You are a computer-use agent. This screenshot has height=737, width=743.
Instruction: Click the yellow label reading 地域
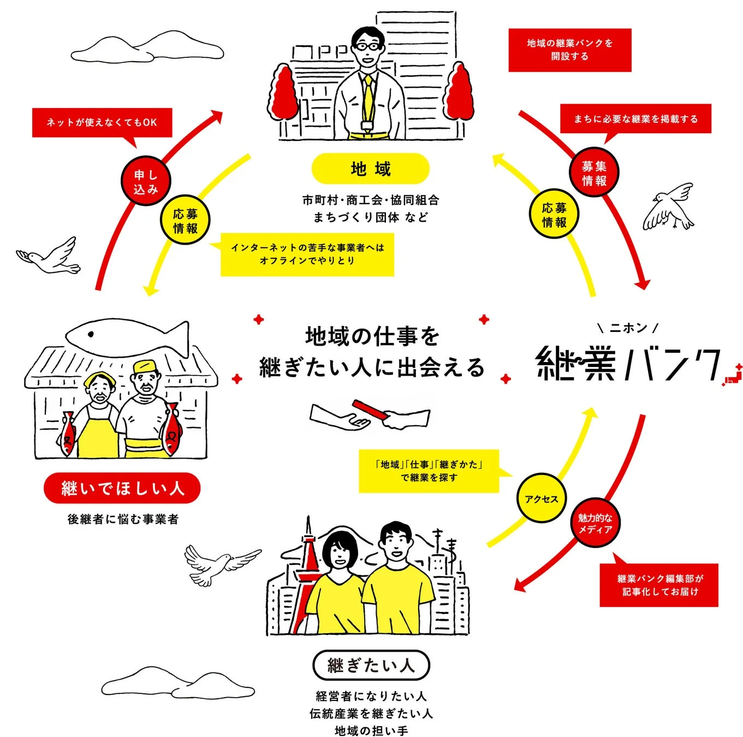pyautogui.click(x=370, y=168)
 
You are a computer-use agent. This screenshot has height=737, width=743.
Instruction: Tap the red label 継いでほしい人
pyautogui.click(x=122, y=488)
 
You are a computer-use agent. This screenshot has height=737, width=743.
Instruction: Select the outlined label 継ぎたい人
pyautogui.click(x=371, y=665)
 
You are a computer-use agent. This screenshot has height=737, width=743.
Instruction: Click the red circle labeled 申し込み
pyautogui.click(x=146, y=182)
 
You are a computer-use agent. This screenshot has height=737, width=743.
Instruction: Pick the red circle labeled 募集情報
pyautogui.click(x=594, y=173)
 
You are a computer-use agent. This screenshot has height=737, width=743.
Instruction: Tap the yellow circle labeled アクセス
pyautogui.click(x=542, y=498)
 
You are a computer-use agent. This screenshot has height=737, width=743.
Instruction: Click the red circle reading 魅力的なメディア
pyautogui.click(x=595, y=523)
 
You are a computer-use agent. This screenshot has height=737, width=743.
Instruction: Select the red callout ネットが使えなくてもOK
pyautogui.click(x=102, y=122)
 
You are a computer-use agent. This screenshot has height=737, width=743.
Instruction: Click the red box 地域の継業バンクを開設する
pyautogui.click(x=569, y=50)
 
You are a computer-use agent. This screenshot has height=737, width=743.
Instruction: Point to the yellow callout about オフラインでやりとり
pyautogui.click(x=307, y=254)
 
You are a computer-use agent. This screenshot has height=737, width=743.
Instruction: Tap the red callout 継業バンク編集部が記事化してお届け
pyautogui.click(x=659, y=585)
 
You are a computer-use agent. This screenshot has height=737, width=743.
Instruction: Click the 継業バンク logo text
pyautogui.click(x=628, y=363)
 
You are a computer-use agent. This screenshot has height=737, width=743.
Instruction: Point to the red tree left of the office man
pyautogui.click(x=284, y=93)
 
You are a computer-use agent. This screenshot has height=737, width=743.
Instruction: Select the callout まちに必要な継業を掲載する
pyautogui.click(x=635, y=118)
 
